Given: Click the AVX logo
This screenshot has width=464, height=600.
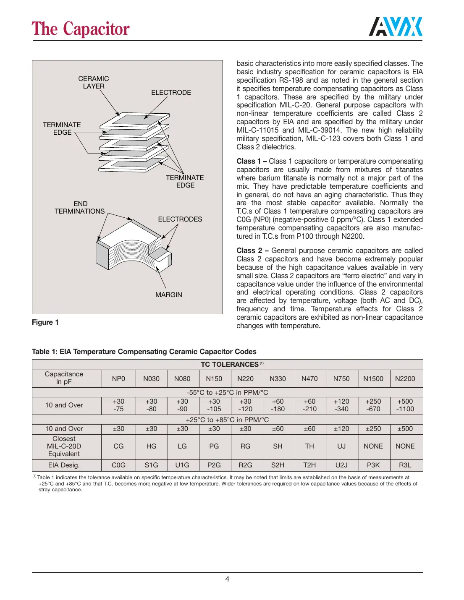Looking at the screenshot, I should (x=396, y=27).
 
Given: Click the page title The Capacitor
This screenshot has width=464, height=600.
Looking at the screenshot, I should (x=81, y=29).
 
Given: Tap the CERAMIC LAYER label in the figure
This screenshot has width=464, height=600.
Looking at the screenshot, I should (x=93, y=82).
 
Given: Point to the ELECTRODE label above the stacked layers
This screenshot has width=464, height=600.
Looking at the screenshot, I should (x=171, y=92).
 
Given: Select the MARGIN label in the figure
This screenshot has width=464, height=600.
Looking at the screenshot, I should (x=168, y=295).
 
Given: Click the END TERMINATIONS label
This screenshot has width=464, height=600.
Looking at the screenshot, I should (x=80, y=207).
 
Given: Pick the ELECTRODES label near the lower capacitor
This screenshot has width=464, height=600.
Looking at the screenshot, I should (x=180, y=219).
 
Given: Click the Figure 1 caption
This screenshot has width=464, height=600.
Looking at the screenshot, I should (x=45, y=322).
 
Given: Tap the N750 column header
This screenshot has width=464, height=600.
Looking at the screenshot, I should (x=341, y=378).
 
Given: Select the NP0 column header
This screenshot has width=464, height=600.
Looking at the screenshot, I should (x=118, y=378).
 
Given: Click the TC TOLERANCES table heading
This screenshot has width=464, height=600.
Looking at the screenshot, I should (x=230, y=364).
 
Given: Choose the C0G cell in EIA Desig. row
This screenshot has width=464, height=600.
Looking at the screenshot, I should (x=118, y=465).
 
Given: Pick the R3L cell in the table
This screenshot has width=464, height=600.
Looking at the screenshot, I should (x=405, y=465).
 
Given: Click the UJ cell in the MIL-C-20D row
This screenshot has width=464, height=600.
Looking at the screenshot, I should (x=341, y=446).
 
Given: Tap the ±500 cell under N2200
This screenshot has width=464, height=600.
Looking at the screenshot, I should (x=405, y=429).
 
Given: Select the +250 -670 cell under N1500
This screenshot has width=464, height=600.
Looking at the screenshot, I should (x=373, y=405).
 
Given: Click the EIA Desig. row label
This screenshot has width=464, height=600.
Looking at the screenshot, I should (x=64, y=465).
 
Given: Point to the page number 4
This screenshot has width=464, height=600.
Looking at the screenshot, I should (x=227, y=579).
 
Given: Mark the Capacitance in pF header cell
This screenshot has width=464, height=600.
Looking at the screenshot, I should (x=64, y=378).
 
